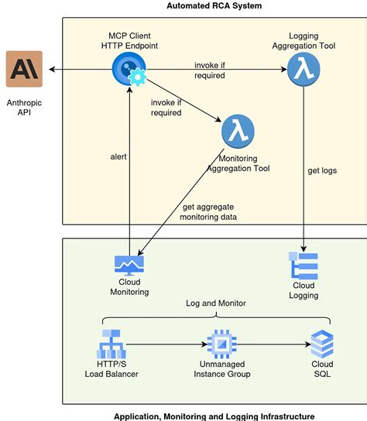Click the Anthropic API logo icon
tap(24, 70)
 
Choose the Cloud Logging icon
tap(304, 265)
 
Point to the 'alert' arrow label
tap(118, 156)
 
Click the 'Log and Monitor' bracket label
tap(216, 303)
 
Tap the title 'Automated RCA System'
tap(214, 6)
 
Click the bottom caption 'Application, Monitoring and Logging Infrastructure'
tap(214, 416)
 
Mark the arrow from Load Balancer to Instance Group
tap(167, 343)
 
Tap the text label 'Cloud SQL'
tap(322, 369)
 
